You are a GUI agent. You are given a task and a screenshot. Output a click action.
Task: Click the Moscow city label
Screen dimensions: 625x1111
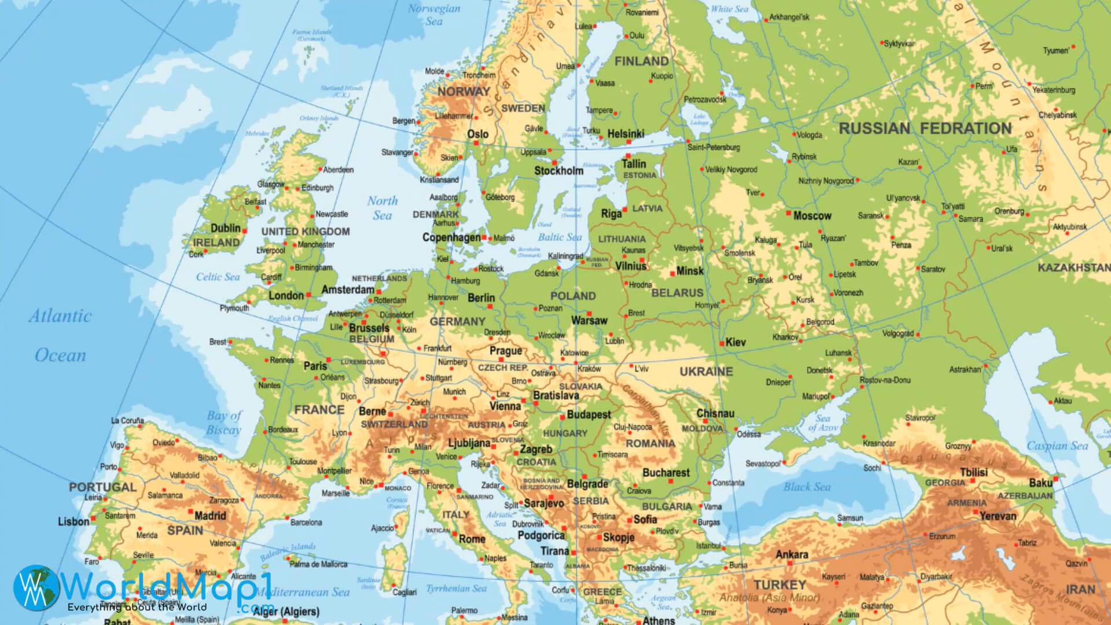pos(812,216)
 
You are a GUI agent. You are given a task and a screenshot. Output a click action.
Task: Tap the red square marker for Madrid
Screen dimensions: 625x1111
pos(192,512)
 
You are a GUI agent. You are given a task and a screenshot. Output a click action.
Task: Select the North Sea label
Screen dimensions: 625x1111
pos(382,208)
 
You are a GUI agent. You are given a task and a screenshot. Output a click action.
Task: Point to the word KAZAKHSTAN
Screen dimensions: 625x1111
pos(1073,268)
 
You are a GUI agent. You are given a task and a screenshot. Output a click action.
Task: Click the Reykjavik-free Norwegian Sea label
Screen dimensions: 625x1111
pos(433,14)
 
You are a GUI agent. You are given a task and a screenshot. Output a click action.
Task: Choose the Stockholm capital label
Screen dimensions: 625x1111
pos(558,171)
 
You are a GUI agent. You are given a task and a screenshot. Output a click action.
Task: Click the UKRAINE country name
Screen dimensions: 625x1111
pos(706,372)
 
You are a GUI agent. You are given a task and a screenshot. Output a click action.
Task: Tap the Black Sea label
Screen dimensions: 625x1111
pos(807,487)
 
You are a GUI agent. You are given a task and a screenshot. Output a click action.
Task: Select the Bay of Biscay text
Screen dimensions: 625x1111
pos(224,422)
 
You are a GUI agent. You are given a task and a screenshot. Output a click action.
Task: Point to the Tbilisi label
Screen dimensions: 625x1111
pos(974,472)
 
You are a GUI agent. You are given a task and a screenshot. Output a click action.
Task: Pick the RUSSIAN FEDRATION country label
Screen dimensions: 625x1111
pos(925,128)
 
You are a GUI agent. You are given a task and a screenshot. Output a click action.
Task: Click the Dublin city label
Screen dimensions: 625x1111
pos(225,228)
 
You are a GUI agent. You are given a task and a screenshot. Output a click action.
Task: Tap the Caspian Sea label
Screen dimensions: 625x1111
pos(1057,446)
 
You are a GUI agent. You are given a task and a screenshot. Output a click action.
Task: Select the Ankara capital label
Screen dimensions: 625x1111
pos(792,554)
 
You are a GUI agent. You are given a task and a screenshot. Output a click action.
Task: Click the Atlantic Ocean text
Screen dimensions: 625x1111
pos(60,336)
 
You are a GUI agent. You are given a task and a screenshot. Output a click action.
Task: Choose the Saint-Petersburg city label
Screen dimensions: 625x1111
pos(713,148)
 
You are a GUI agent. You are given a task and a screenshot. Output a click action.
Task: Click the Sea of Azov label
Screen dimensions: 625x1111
pos(822,423)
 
